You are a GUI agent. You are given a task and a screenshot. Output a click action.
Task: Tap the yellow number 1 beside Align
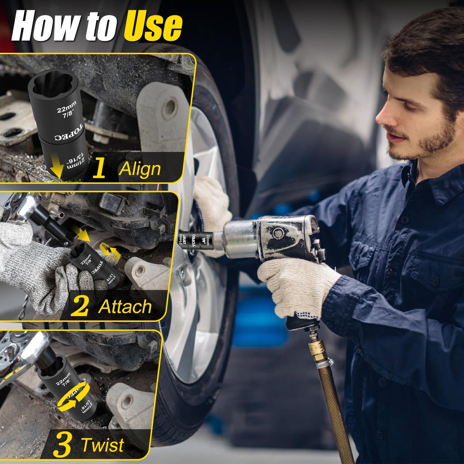tap(99, 168)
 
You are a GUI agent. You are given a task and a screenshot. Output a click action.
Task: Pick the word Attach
tap(125, 307)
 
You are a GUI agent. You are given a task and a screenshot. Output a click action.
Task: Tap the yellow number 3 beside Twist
tap(62, 445)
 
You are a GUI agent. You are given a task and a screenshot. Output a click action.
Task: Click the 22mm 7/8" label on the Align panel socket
tap(67, 109)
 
